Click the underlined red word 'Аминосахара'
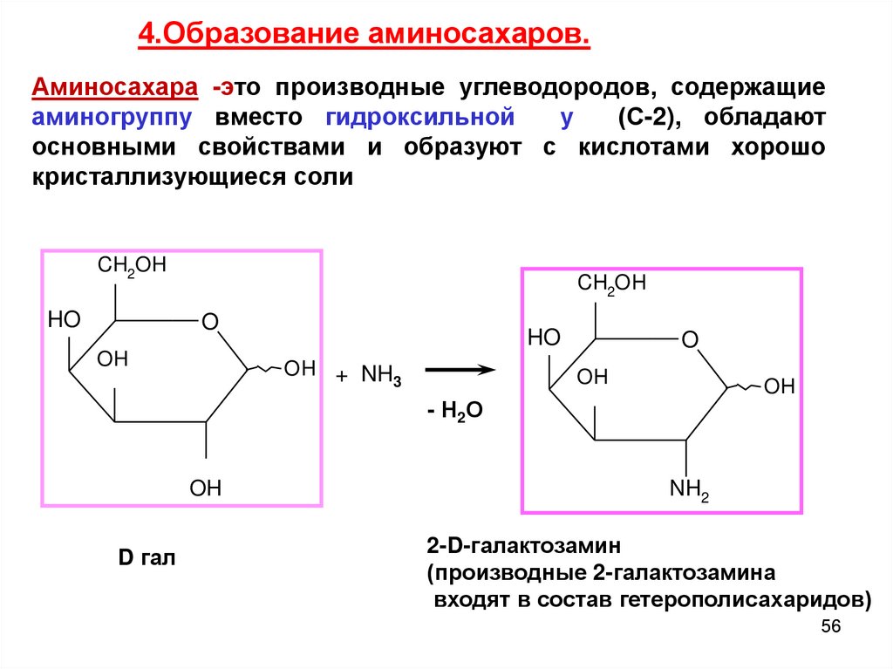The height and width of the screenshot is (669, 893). click(x=116, y=88)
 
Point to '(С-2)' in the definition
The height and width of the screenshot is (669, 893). click(x=640, y=118)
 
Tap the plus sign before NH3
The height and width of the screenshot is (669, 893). click(x=342, y=376)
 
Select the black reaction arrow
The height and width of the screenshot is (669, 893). click(x=460, y=370)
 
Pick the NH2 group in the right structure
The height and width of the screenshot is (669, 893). click(x=689, y=491)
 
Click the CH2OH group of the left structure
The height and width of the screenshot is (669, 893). click(x=132, y=267)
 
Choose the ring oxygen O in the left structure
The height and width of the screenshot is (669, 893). click(x=209, y=323)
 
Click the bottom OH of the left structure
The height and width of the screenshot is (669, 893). click(x=206, y=488)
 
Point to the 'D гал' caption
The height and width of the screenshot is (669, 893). click(x=147, y=556)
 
